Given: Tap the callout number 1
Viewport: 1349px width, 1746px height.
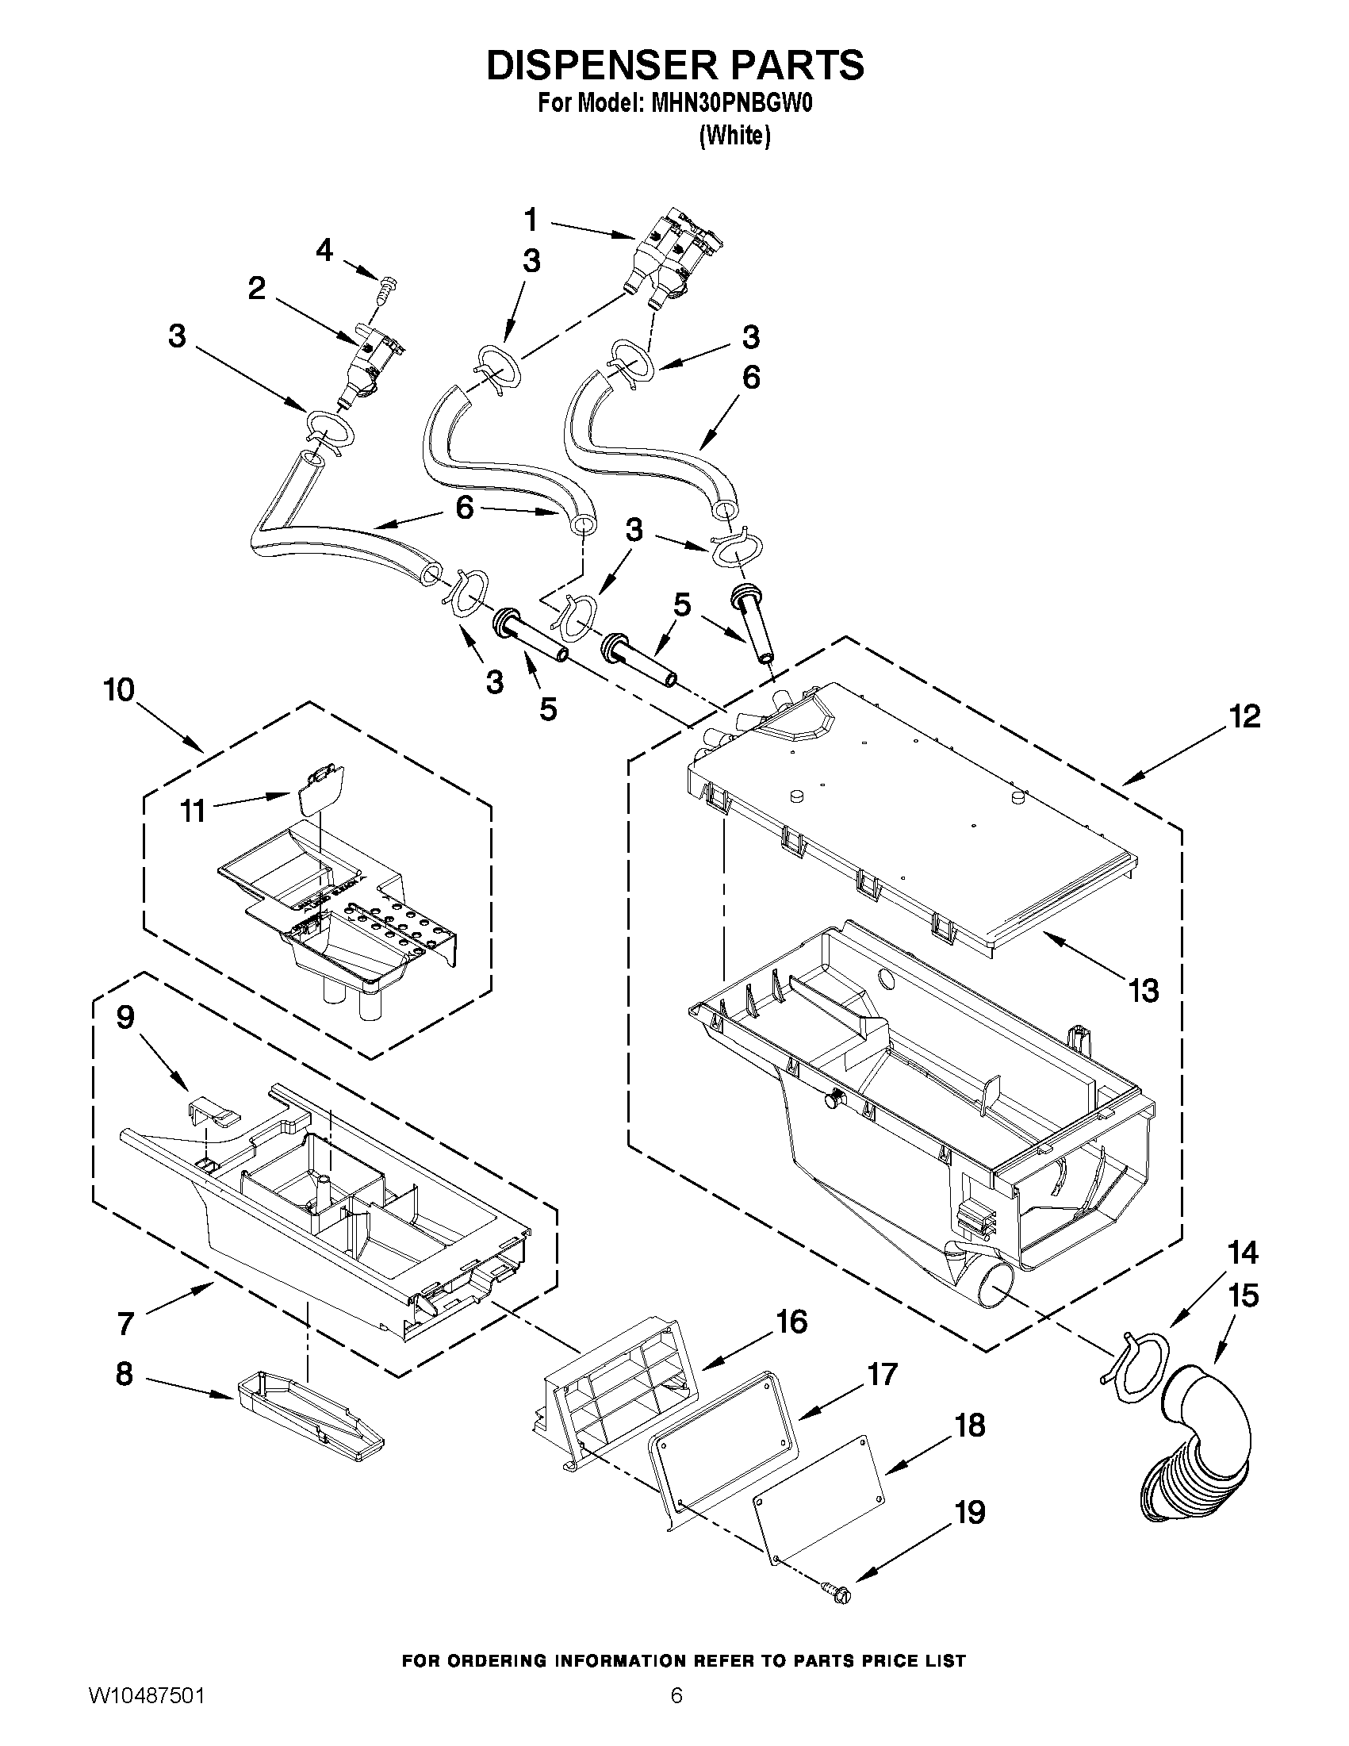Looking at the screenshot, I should tap(531, 219).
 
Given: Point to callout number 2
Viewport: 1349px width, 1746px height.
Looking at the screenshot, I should tap(256, 289).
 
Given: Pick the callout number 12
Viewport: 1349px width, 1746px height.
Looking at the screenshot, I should tap(1244, 716).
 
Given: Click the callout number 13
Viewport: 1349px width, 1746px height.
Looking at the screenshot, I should tap(1144, 992).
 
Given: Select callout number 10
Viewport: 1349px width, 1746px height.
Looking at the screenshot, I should tap(119, 690).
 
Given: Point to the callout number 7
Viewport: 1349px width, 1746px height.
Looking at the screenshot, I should tap(125, 1324).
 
